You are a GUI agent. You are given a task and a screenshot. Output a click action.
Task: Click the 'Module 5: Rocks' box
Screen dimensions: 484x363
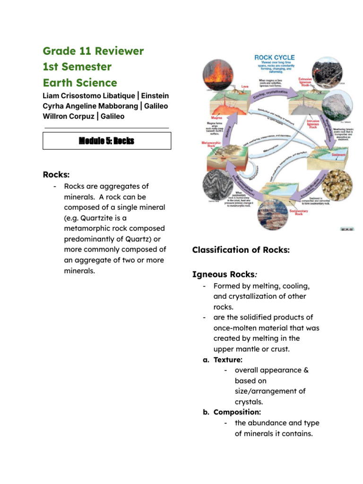pos(107,141)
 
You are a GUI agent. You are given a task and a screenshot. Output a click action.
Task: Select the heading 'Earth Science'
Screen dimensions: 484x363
pos(80,83)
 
